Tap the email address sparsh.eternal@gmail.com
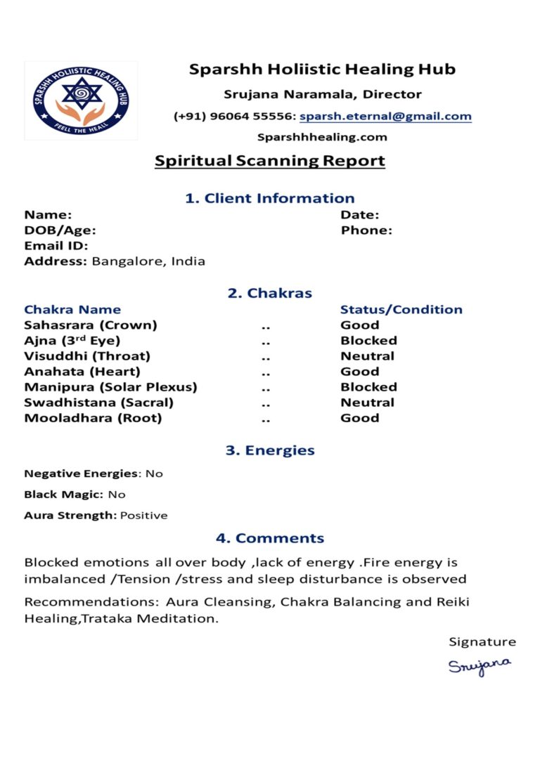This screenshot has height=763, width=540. point(385,116)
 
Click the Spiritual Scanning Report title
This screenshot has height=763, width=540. point(270,161)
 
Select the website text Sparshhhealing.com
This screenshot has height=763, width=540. point(322,137)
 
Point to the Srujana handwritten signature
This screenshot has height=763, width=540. point(480,665)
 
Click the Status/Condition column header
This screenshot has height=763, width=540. point(401,309)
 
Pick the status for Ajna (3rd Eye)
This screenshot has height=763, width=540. point(368,340)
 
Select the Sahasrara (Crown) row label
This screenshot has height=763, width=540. point(91,325)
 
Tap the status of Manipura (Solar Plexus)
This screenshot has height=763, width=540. point(368,386)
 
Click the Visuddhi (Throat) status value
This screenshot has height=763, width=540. point(367,356)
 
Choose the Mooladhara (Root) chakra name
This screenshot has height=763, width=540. point(93,418)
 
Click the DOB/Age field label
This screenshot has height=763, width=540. point(60,230)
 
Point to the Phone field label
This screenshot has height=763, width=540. point(366,230)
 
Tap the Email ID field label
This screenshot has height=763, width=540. point(56,245)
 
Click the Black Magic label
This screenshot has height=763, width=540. point(64,494)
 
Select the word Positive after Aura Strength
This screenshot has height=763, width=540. point(143,515)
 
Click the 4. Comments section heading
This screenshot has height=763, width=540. point(270,538)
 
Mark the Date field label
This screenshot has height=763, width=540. point(359,214)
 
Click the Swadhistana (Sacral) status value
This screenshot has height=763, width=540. point(367,402)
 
